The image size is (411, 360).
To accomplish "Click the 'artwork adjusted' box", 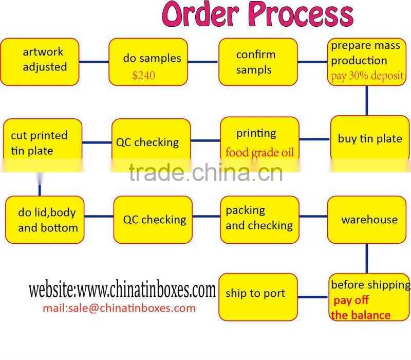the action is [x=40, y=62].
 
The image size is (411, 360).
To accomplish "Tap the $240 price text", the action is [x=144, y=76].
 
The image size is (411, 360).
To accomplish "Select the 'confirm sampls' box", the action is [x=258, y=62].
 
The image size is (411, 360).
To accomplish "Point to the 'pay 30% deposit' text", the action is [x=367, y=76].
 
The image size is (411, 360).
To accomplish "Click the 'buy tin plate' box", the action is [x=370, y=139].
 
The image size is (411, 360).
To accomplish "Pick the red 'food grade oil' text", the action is [x=259, y=152].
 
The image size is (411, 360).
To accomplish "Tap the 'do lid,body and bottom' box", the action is [x=45, y=220].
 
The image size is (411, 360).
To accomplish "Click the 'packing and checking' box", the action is [x=259, y=220].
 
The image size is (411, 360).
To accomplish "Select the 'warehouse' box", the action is [x=367, y=220].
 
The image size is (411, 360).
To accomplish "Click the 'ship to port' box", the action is [x=258, y=297].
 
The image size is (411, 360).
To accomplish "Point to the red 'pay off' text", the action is [x=351, y=300].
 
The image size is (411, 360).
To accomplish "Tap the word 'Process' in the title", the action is [x=301, y=14].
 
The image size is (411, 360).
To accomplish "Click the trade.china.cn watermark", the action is [x=206, y=172].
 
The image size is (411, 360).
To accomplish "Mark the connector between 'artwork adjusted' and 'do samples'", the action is [x=94, y=62].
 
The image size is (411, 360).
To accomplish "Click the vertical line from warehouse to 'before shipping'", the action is [x=366, y=259].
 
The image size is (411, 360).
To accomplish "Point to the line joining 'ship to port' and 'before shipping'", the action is [x=312, y=297].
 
